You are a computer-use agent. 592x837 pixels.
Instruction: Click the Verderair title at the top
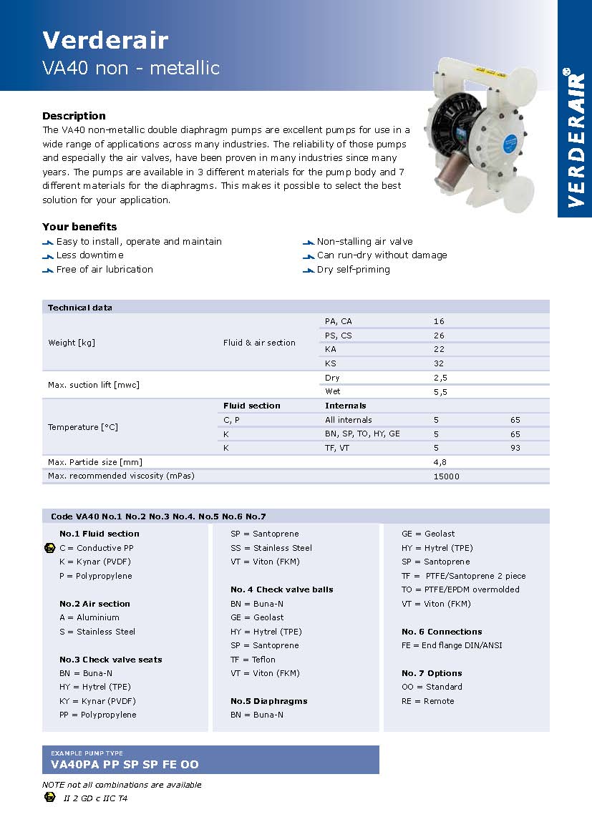point(105,39)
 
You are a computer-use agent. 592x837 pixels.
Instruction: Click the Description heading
point(74,116)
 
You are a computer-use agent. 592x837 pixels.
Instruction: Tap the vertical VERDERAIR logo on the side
point(575,137)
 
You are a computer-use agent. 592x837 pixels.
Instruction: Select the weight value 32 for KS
point(439,363)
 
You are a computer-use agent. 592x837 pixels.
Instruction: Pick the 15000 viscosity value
point(447,476)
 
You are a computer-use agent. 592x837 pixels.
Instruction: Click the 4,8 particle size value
point(440,462)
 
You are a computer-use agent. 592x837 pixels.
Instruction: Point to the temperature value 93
point(515,448)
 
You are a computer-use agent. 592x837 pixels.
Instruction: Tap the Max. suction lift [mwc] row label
point(94,385)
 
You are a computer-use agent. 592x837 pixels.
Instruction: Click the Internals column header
point(346,406)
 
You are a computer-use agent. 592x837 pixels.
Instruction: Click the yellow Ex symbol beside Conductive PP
point(49,548)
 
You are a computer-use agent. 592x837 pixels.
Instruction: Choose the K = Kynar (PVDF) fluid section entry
point(95,562)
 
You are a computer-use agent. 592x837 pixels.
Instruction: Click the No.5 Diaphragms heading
point(268,701)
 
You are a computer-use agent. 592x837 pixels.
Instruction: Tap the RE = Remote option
point(428,701)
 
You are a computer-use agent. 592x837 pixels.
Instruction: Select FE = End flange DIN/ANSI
point(452,645)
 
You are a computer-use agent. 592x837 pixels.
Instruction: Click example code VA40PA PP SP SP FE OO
point(125,765)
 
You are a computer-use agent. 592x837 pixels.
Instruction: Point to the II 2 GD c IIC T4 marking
point(95,798)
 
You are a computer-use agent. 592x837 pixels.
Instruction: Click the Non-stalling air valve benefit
point(364,242)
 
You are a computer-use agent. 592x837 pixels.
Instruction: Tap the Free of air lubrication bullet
point(105,270)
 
